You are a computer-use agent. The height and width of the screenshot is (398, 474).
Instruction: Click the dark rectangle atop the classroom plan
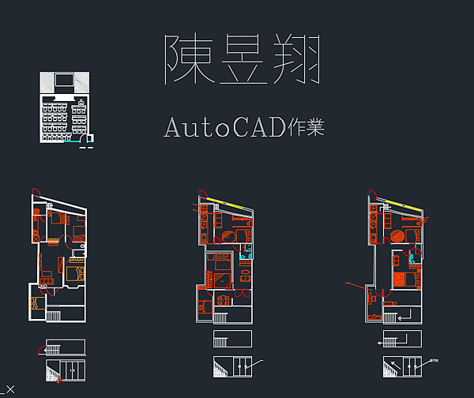point(63,80)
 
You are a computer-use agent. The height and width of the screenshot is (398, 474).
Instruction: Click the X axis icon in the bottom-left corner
point(9,387)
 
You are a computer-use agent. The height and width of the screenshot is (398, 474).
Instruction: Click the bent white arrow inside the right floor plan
point(404,317)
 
